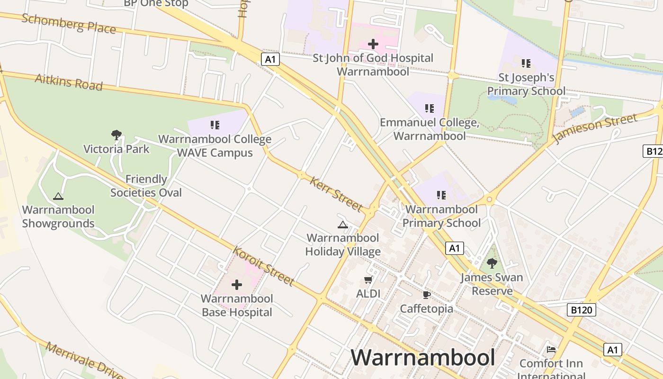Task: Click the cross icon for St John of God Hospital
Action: click(373, 44)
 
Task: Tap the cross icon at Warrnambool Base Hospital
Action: click(237, 285)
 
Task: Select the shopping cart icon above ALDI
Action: click(368, 280)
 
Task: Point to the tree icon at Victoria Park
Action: click(116, 135)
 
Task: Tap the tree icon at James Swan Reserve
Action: click(492, 263)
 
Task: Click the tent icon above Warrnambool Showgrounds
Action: click(58, 196)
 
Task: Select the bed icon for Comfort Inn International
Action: click(551, 350)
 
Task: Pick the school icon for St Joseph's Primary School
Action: click(526, 63)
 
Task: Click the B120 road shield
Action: click(581, 310)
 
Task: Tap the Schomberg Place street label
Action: click(69, 23)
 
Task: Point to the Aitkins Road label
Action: click(69, 82)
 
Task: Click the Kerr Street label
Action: click(336, 194)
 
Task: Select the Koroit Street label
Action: click(264, 266)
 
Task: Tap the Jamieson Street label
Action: click(595, 128)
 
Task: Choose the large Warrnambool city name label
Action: click(423, 357)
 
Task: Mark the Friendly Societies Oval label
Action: click(146, 186)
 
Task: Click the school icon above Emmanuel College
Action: click(430, 108)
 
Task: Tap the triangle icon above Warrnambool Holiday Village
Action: click(343, 225)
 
